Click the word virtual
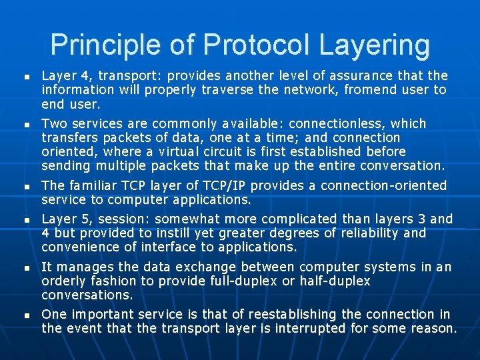click(x=171, y=151)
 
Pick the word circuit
click(x=221, y=151)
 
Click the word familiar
click(x=91, y=185)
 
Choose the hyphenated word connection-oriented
click(x=386, y=185)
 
